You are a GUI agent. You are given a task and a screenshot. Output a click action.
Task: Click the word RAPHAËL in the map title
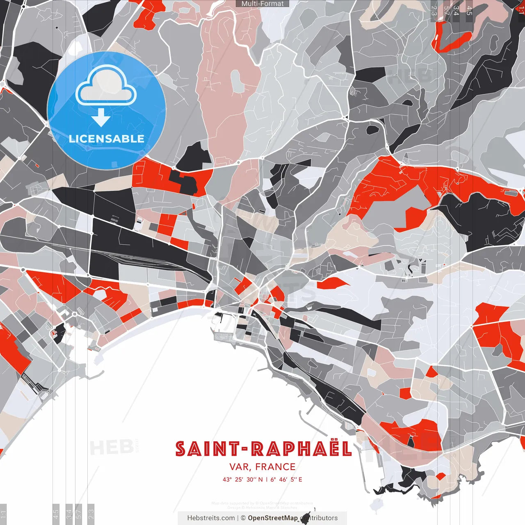[x=301, y=449]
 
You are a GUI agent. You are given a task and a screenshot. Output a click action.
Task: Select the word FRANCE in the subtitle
[x=275, y=467]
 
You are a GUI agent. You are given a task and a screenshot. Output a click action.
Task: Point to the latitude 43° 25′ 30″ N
[x=242, y=479]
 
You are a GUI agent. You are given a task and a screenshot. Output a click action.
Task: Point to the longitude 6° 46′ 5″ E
[x=286, y=479]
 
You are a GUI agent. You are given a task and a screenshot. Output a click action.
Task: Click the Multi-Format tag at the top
[x=262, y=4]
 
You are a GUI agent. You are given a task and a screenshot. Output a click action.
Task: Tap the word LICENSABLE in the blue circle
[x=107, y=139]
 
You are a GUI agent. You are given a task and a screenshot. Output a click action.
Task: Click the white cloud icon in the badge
[x=106, y=87]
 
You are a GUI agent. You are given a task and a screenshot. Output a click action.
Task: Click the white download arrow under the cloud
[x=101, y=118]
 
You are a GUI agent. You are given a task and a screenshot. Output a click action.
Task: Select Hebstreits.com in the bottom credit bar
[x=211, y=518]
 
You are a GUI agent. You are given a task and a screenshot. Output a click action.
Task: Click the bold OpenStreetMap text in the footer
[x=273, y=518]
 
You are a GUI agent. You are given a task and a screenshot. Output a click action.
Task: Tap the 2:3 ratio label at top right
[x=434, y=10]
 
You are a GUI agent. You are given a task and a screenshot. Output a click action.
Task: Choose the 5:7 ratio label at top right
[x=447, y=10]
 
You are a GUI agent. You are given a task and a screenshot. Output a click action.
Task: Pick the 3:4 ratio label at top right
[x=457, y=10]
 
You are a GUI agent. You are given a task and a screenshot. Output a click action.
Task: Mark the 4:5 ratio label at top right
[x=469, y=10]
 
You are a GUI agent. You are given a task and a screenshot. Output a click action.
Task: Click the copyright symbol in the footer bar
[x=243, y=518]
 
